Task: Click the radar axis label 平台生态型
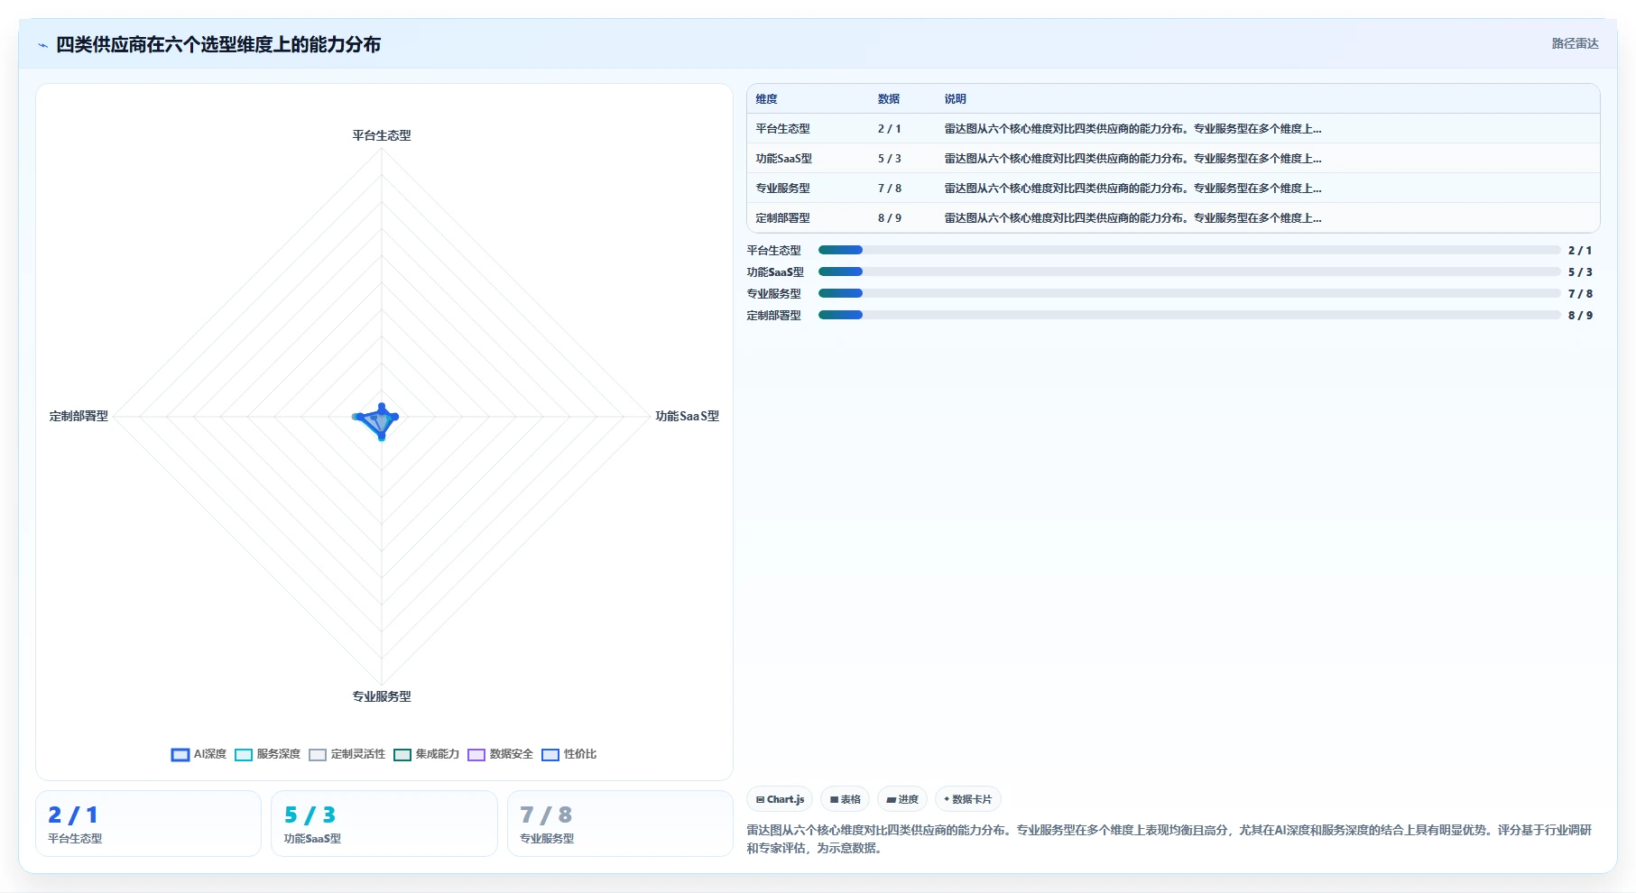tap(382, 135)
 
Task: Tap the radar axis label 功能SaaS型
tap(687, 416)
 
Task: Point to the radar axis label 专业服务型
tap(382, 696)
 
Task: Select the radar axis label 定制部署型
tap(79, 416)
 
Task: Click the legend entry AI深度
tap(199, 754)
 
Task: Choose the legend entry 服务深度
tap(268, 754)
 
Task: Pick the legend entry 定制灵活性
tap(347, 754)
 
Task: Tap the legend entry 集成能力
tap(427, 754)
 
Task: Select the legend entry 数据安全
tap(501, 754)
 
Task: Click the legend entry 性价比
tap(569, 754)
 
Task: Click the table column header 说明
tap(956, 99)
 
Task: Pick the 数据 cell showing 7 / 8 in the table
tap(890, 189)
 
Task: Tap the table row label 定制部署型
tap(783, 218)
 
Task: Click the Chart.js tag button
tap(780, 799)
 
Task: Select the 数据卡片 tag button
tap(967, 799)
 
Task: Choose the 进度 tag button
tap(902, 799)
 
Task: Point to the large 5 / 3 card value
tap(310, 815)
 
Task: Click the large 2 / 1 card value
tap(73, 815)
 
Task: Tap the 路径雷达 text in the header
tap(1576, 43)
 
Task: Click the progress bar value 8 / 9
tap(1580, 316)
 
